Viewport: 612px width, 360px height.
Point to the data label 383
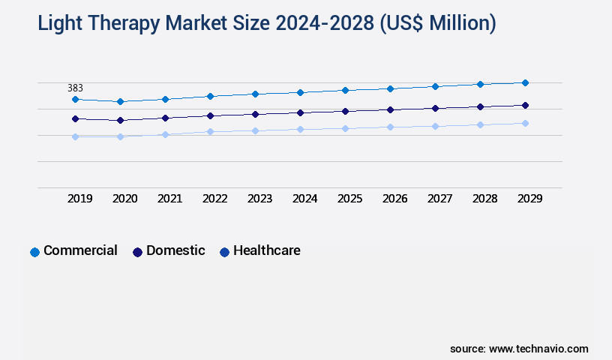click(75, 88)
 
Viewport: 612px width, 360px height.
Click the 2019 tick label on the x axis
click(80, 199)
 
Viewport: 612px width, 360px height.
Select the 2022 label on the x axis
click(215, 199)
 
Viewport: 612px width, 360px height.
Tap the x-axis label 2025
click(350, 199)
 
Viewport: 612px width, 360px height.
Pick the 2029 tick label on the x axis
click(529, 199)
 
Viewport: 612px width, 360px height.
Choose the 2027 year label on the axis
click(440, 199)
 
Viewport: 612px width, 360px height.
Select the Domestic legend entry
click(169, 251)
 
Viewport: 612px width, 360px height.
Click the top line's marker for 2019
click(75, 99)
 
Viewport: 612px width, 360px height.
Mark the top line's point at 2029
click(525, 82)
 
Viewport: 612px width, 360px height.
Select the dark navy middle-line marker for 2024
click(300, 112)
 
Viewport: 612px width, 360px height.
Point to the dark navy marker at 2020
click(120, 120)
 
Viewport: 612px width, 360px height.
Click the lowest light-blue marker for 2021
click(165, 134)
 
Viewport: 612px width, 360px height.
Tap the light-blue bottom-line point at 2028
click(480, 124)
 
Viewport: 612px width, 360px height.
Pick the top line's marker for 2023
click(255, 94)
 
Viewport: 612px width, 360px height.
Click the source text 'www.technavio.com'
click(538, 349)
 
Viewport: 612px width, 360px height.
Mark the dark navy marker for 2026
click(390, 109)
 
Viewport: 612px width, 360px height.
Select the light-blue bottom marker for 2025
click(345, 128)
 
